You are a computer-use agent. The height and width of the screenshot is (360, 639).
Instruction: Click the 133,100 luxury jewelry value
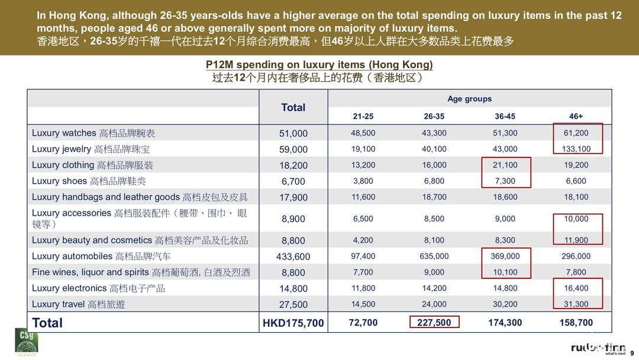coord(576,149)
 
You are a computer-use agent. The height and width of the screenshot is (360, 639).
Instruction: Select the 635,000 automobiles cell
coord(434,256)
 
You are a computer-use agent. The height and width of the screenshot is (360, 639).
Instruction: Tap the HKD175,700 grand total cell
coord(293,323)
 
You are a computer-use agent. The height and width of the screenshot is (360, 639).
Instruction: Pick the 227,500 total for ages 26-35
coord(434,323)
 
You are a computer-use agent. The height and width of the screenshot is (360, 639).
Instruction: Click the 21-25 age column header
coord(363,117)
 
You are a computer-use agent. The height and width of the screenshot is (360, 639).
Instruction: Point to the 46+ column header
coord(576,117)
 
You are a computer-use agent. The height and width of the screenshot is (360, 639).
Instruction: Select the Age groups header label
coord(469,99)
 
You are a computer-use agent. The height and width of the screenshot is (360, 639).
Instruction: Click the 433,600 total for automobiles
coord(293,257)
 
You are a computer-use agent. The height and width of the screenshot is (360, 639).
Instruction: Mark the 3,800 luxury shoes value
coord(363,181)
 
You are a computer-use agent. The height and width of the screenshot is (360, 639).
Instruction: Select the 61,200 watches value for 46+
coord(576,133)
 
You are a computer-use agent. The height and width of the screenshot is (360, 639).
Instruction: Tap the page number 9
coord(632,353)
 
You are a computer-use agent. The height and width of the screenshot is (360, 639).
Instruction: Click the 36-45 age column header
coord(505,117)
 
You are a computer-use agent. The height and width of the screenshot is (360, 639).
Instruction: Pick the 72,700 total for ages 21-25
coord(363,323)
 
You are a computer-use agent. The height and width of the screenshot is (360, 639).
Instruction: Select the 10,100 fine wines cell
coord(505,272)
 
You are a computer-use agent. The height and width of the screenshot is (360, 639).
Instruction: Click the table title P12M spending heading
coord(319,65)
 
